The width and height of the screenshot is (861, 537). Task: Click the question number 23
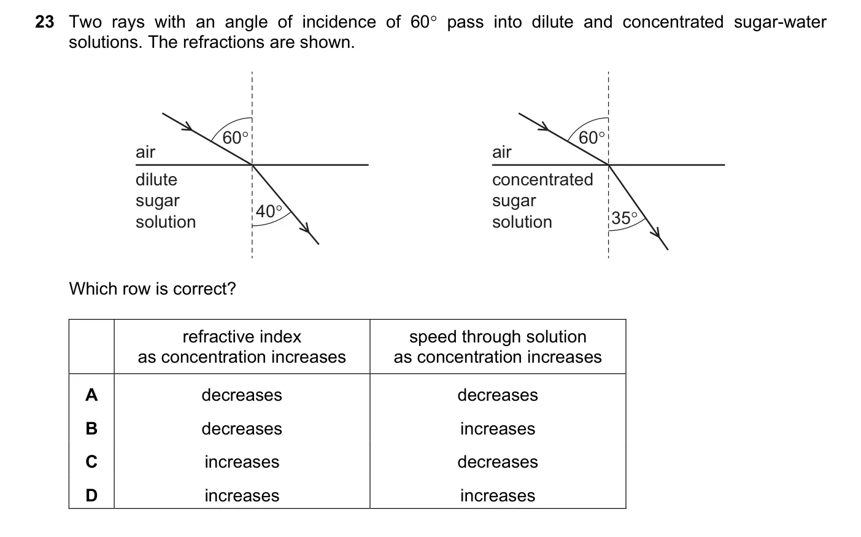tap(45, 22)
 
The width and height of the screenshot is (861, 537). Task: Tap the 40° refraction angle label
tap(269, 211)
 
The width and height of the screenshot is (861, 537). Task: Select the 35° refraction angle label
tap(624, 218)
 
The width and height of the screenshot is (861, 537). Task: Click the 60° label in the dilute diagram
tap(236, 137)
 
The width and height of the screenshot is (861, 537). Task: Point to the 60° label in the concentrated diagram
tap(592, 137)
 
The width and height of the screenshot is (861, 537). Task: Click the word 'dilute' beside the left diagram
tap(156, 180)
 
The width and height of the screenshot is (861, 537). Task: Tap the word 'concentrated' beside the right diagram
tap(542, 180)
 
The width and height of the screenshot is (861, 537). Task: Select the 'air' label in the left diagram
tap(145, 152)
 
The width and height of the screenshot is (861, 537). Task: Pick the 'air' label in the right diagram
tap(501, 152)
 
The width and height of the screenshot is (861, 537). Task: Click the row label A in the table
tap(91, 395)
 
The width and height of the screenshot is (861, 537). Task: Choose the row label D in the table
tap(91, 495)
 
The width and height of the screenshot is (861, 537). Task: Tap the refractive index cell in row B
tap(242, 428)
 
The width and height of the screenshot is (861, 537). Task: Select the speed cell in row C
tap(498, 462)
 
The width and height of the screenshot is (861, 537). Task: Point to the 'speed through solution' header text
tap(498, 337)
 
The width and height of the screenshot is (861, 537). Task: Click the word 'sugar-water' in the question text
tap(780, 22)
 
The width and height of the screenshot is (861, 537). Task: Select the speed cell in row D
tap(498, 495)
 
